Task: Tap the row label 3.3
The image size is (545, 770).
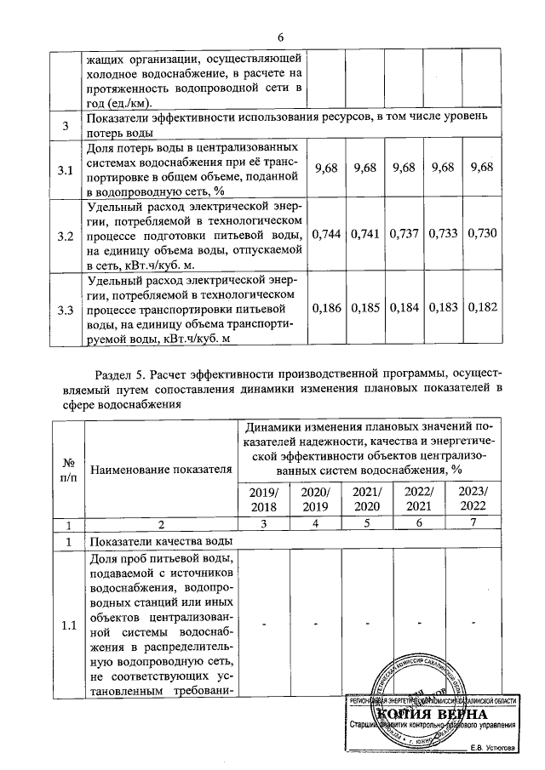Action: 65,311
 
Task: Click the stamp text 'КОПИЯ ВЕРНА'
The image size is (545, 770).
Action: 432,713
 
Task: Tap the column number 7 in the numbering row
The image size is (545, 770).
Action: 475,524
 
